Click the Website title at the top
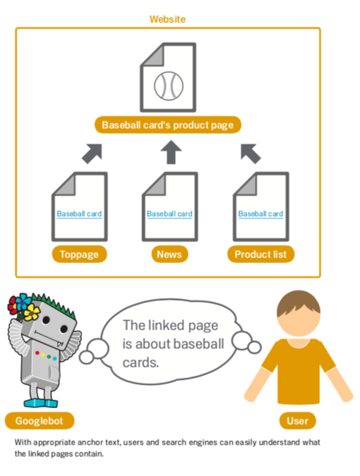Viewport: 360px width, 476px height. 167,19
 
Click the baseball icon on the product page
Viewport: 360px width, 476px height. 169,86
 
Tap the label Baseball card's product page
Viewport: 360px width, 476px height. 168,125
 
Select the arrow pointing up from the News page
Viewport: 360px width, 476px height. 171,152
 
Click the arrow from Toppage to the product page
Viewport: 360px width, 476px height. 92,154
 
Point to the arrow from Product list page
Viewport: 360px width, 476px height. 251,154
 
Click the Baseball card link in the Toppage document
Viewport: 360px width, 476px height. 79,214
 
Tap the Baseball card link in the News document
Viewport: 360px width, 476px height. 169,214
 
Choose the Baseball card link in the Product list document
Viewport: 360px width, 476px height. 261,214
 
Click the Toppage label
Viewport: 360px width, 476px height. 79,254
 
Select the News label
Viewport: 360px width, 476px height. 169,254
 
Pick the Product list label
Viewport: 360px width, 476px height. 261,254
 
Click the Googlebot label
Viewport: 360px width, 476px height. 39,421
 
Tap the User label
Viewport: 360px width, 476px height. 298,421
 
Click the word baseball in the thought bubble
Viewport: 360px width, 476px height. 199,344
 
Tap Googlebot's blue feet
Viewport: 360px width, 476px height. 40,403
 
